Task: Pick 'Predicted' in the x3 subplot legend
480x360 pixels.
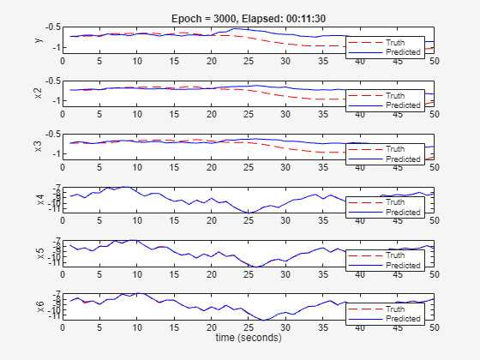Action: (x=403, y=159)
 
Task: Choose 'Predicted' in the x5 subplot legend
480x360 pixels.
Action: (x=403, y=265)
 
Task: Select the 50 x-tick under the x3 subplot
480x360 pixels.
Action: (x=434, y=168)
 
